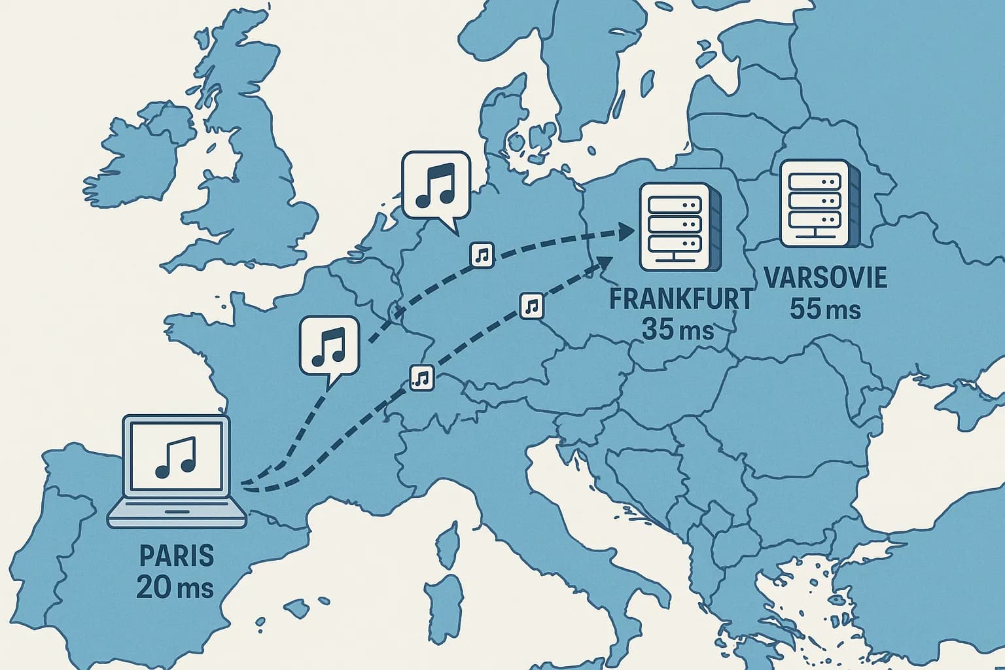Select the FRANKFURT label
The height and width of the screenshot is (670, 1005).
coord(680,299)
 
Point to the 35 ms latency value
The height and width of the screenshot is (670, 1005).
coord(677,329)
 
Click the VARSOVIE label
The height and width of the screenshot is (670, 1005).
coord(825,277)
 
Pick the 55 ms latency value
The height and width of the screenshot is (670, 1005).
coord(825,308)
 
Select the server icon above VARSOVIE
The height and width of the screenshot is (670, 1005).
coord(814,202)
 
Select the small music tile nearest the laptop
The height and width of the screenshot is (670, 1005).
coord(422,377)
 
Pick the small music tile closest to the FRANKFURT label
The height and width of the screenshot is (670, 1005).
coord(531,306)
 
